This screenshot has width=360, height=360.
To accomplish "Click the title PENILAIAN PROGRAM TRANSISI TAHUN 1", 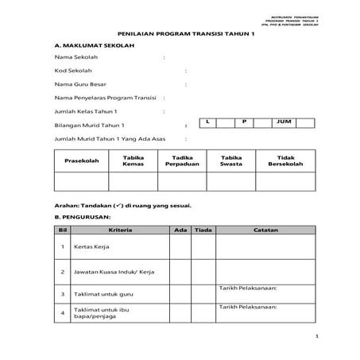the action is [x=180, y=35].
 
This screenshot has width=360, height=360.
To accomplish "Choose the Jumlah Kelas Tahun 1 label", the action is [x=86, y=111].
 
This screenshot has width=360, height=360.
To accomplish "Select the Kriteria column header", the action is [x=121, y=230].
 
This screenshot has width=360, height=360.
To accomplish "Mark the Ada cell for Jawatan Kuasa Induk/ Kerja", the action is [x=180, y=272].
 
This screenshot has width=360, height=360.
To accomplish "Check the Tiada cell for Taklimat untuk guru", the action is [x=203, y=293].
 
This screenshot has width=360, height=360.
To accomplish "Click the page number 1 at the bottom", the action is [x=315, y=337].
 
